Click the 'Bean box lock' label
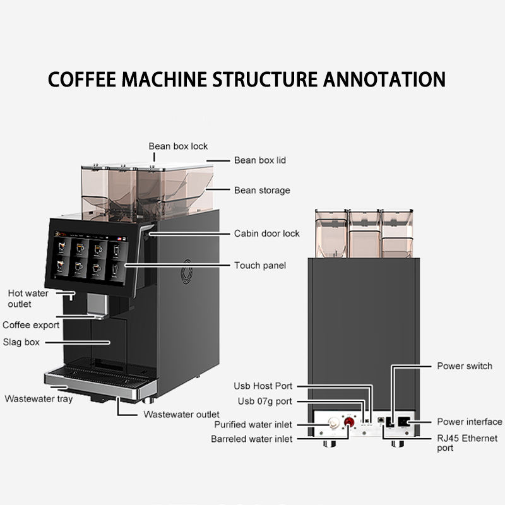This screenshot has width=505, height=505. [x=178, y=146]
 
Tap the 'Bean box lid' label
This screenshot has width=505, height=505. [x=260, y=160]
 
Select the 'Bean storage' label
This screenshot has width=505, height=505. [x=262, y=190]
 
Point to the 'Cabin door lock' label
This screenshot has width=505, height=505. [x=266, y=234]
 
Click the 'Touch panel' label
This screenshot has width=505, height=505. [x=260, y=266]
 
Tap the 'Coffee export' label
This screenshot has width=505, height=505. [x=31, y=325]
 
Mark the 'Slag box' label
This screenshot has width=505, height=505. [x=23, y=342]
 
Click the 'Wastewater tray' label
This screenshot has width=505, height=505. [x=39, y=399]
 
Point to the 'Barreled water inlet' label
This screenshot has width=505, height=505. [x=252, y=439]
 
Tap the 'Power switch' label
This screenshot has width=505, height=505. [x=464, y=366]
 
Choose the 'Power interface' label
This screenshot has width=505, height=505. [x=469, y=422]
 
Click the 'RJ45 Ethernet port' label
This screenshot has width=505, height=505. [x=467, y=443]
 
